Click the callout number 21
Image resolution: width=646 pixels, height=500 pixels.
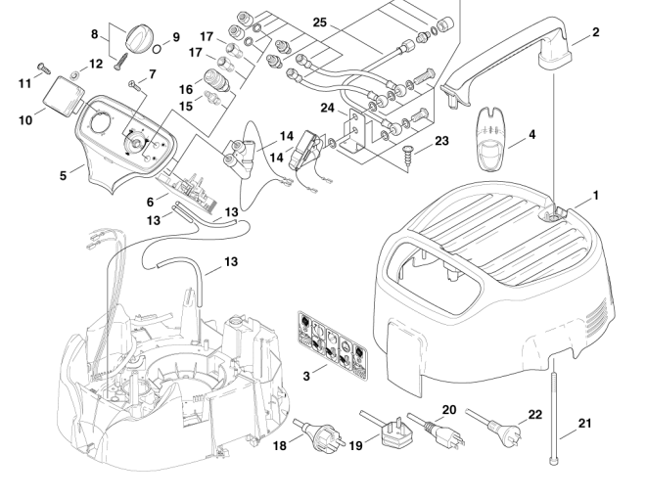586,423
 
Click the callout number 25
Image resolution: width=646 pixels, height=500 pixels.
320,21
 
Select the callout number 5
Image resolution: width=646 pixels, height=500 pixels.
64,176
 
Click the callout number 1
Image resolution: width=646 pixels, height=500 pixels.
595,196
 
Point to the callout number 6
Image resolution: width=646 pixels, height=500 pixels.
150,201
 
